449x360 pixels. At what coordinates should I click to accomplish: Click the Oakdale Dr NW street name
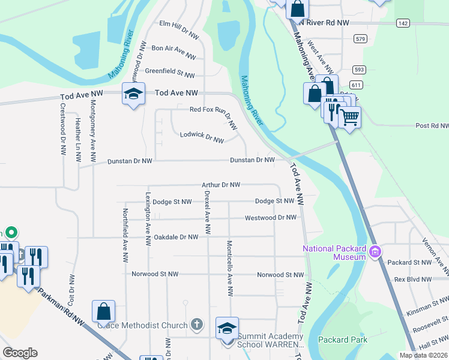pyautogui.click(x=176, y=237)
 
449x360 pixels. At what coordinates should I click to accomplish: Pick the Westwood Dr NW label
pyautogui.click(x=270, y=217)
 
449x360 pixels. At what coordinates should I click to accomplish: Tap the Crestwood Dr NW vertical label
pyautogui.click(x=63, y=130)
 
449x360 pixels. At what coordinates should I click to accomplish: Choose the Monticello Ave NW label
pyautogui.click(x=229, y=268)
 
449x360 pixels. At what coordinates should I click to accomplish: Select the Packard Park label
pyautogui.click(x=343, y=340)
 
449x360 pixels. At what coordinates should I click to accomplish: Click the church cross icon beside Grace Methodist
pyautogui.click(x=196, y=325)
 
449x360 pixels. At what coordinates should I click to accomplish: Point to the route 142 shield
pyautogui.click(x=402, y=23)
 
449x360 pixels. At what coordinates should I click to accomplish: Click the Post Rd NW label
pyautogui.click(x=432, y=126)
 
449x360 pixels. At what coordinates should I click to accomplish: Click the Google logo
pyautogui.click(x=20, y=353)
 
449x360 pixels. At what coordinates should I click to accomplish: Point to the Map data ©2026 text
pyautogui.click(x=423, y=355)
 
